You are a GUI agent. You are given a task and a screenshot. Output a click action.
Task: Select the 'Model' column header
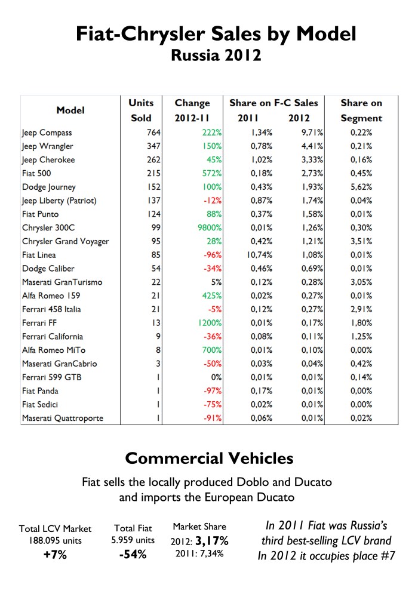(x=70, y=110)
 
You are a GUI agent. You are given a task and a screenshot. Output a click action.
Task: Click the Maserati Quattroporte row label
(x=62, y=418)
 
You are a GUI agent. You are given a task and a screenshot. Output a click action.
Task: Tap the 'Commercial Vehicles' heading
(x=208, y=458)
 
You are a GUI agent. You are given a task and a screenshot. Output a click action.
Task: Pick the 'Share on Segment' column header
(x=361, y=110)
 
